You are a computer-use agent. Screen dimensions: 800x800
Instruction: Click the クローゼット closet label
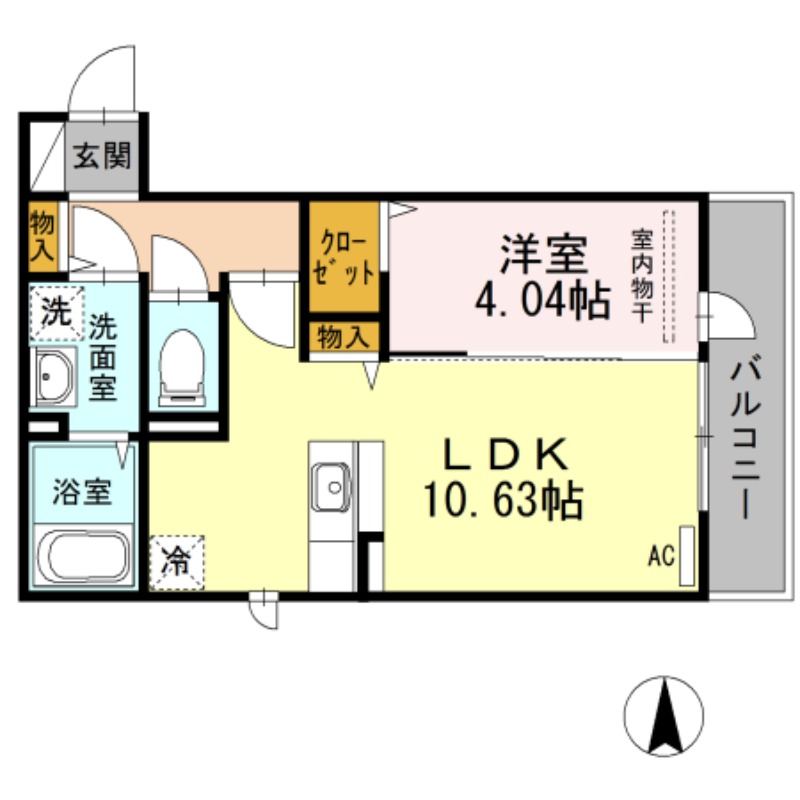tap(344, 258)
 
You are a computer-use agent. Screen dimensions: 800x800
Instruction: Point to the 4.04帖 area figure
tap(542, 299)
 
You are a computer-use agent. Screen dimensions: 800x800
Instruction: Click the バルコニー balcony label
tap(744, 440)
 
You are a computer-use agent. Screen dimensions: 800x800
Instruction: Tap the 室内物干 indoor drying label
tap(642, 274)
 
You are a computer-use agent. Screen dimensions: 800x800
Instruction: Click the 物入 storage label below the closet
tap(343, 337)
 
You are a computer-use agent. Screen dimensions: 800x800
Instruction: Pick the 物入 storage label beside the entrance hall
tap(42, 236)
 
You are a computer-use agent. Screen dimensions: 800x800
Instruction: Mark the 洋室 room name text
tap(543, 256)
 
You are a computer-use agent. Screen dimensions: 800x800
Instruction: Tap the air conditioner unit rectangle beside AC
tap(686, 555)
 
